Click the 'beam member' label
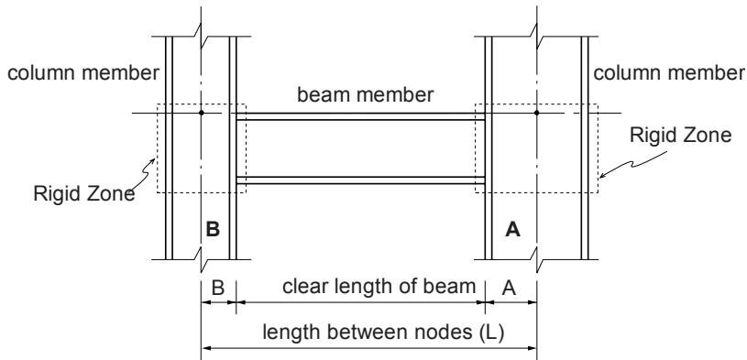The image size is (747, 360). click(366, 94)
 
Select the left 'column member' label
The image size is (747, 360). click(83, 73)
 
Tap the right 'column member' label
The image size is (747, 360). click(668, 73)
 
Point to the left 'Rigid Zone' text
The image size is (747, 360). click(83, 194)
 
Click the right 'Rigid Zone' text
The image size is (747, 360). click(680, 135)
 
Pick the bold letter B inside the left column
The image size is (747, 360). click(213, 230)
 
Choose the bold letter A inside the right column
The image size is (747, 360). click(512, 230)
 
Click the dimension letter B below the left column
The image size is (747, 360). click(218, 289)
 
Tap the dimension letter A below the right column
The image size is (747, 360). click(510, 289)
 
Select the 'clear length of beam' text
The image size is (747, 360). click(379, 287)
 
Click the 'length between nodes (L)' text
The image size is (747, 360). click(383, 333)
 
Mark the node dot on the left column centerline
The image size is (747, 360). click(202, 113)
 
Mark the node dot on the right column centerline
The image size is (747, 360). click(536, 113)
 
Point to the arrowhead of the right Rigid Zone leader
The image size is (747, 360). click(601, 177)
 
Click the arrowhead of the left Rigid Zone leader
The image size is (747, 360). click(153, 160)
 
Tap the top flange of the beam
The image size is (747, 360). click(360, 116)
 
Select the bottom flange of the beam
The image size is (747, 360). click(360, 180)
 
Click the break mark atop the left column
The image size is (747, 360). click(201, 37)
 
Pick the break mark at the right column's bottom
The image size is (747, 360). click(537, 259)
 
